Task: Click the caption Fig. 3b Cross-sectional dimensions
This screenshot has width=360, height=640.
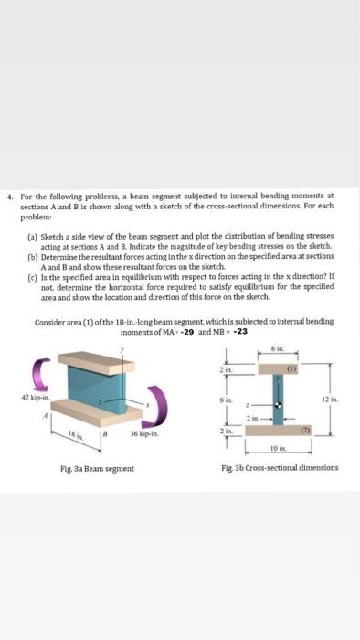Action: (x=280, y=468)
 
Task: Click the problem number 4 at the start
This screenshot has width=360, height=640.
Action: (x=7, y=194)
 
